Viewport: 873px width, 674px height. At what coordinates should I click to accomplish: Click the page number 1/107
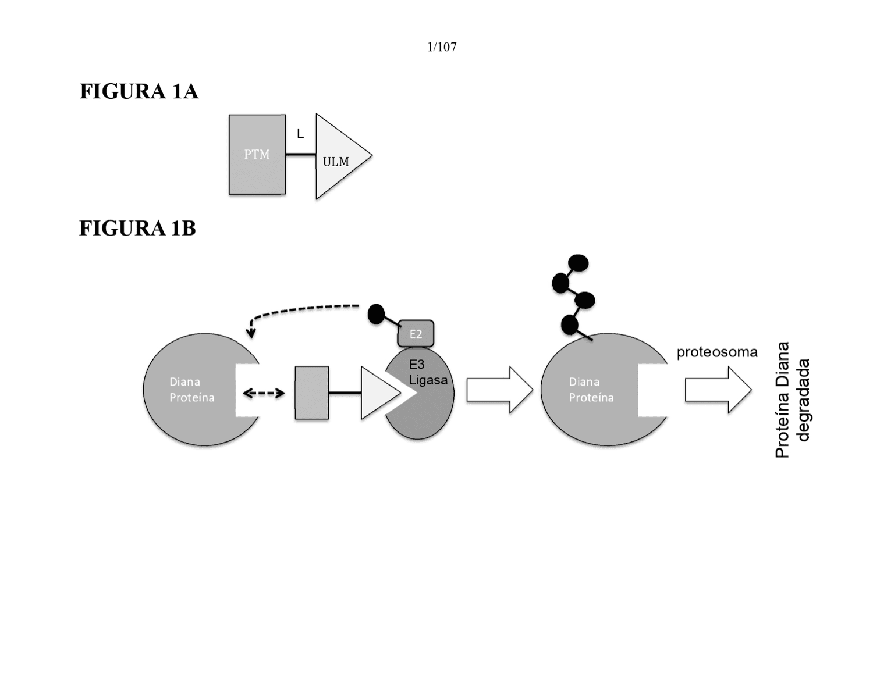442,47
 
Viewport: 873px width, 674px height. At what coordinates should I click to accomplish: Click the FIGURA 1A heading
139,91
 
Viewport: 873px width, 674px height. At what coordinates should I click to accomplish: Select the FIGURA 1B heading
137,228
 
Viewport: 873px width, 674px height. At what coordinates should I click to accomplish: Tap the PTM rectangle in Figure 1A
257,155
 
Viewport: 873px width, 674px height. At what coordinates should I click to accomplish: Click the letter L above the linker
300,133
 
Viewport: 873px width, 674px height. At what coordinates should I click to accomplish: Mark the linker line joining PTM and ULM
300,154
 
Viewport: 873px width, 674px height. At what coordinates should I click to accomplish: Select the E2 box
416,334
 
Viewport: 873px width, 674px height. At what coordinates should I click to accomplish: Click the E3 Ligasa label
428,372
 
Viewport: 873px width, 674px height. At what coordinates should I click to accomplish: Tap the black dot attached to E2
376,314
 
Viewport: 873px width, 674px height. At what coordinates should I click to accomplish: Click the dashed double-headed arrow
264,393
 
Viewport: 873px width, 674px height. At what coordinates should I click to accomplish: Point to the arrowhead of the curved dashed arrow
251,333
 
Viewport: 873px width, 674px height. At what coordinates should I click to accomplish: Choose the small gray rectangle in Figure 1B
312,393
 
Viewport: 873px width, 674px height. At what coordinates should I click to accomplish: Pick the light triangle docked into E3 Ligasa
378,393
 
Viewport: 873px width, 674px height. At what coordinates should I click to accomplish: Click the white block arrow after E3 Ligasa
500,390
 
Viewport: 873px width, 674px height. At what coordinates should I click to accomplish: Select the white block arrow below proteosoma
718,390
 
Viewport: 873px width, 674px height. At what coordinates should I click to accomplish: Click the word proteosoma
717,352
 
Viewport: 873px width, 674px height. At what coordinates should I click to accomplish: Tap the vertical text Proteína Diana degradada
792,400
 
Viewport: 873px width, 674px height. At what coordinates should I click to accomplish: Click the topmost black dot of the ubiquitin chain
579,263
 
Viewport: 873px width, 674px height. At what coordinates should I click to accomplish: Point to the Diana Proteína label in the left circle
191,390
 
